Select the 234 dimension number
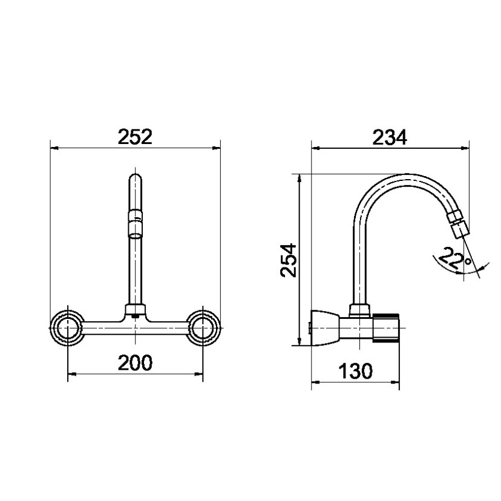[x=390, y=137]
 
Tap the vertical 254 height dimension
[x=289, y=260]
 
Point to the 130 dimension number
[x=355, y=371]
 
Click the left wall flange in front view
[x=66, y=328]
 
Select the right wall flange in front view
[x=203, y=328]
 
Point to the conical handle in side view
[x=326, y=327]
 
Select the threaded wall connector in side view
[x=387, y=327]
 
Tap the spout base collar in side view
[x=361, y=311]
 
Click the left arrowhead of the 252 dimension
[x=53, y=147]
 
